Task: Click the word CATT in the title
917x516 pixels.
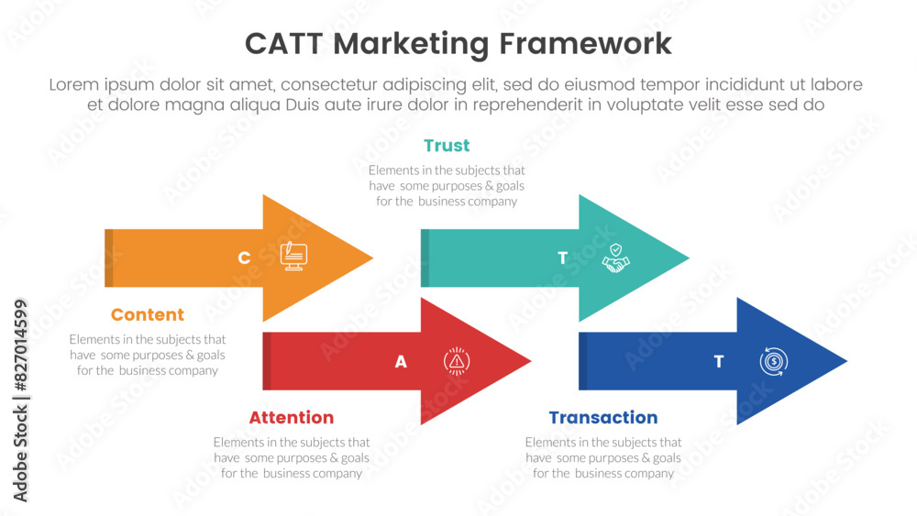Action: pyautogui.click(x=283, y=44)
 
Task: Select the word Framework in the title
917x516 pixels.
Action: pyautogui.click(x=585, y=44)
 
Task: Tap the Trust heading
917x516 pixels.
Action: pyautogui.click(x=447, y=146)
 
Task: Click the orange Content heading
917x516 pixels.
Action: pyautogui.click(x=148, y=314)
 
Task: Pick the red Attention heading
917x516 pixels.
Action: pyautogui.click(x=292, y=417)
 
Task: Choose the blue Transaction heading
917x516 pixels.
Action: pyautogui.click(x=603, y=417)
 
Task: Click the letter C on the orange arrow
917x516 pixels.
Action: pyautogui.click(x=245, y=258)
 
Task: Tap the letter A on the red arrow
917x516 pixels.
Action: pyautogui.click(x=401, y=362)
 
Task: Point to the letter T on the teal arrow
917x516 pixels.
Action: pyautogui.click(x=563, y=258)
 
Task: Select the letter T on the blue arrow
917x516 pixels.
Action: pyautogui.click(x=719, y=362)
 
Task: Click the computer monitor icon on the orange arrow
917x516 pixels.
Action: pyautogui.click(x=293, y=256)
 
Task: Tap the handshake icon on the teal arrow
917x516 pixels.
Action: pyautogui.click(x=616, y=258)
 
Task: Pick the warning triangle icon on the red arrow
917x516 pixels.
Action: pyautogui.click(x=457, y=361)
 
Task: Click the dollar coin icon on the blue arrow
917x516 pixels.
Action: pyautogui.click(x=774, y=361)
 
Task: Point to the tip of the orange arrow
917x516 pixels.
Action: pyautogui.click(x=372, y=258)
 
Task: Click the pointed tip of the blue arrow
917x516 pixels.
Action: pyautogui.click(x=846, y=361)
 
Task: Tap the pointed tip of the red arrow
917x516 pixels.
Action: pyautogui.click(x=530, y=361)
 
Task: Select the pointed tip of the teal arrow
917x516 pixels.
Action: pyautogui.click(x=689, y=258)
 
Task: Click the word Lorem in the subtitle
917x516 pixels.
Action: pyautogui.click(x=73, y=84)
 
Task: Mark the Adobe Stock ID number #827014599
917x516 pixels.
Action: pyautogui.click(x=20, y=345)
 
